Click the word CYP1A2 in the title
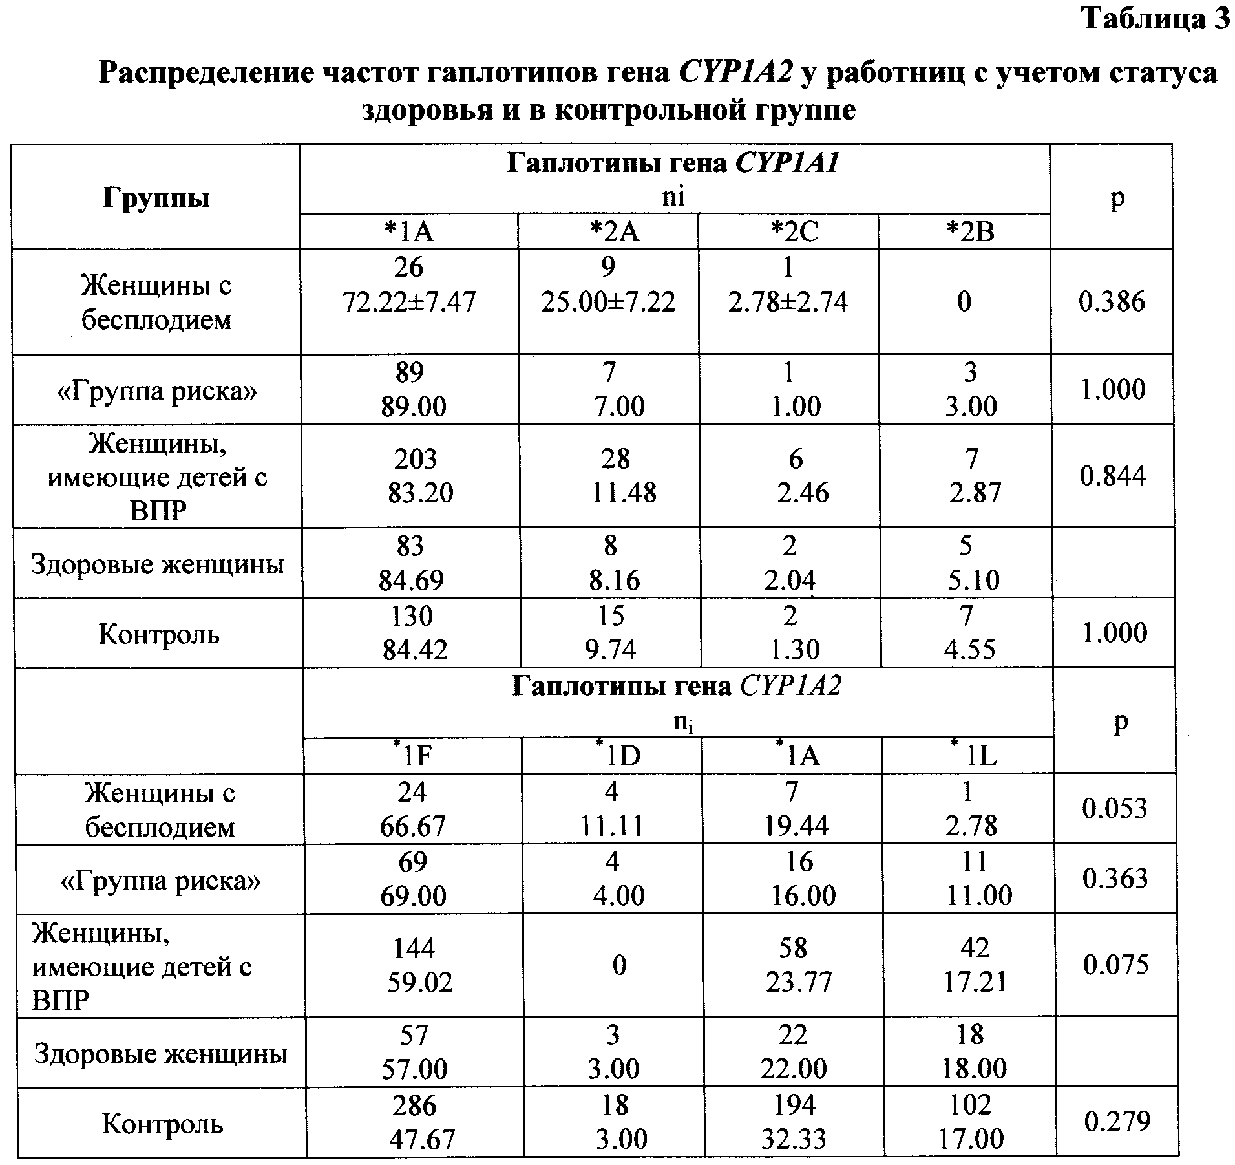click(735, 72)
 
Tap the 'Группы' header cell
click(156, 198)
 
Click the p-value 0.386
click(1112, 302)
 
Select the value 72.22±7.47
click(410, 302)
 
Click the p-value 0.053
click(1115, 808)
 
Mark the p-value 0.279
click(1117, 1121)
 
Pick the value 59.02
click(420, 983)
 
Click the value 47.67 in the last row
click(422, 1138)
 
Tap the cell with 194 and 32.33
click(794, 1121)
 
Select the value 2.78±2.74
click(788, 302)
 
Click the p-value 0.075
click(1116, 965)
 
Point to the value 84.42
click(415, 650)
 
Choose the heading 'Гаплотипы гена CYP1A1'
click(673, 164)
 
